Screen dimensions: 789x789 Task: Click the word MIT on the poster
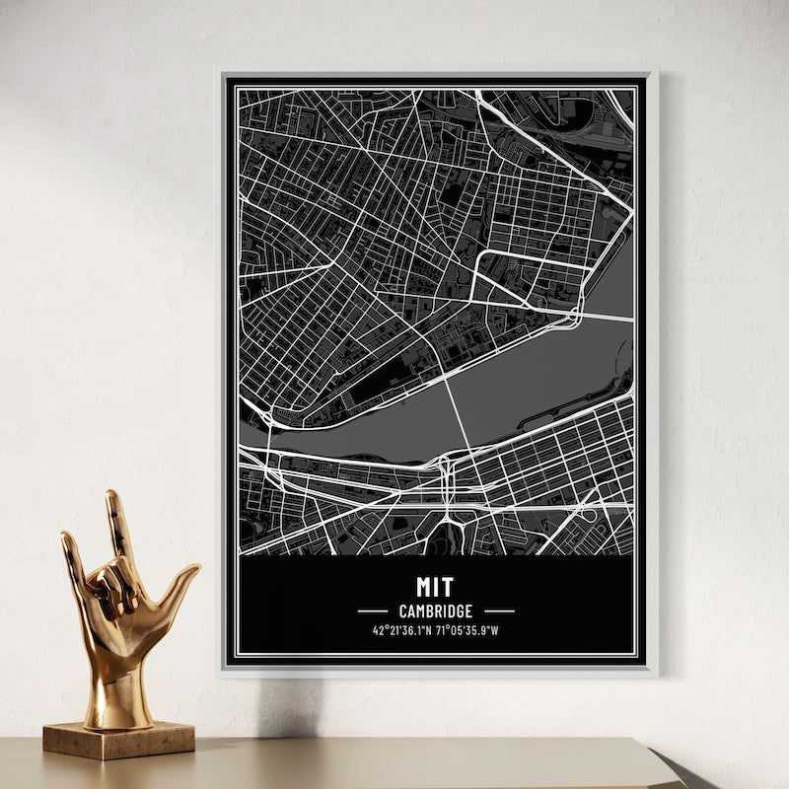[x=435, y=587]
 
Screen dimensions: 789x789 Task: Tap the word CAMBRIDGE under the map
[x=435, y=611]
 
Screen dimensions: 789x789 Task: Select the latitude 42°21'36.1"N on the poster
[x=403, y=631]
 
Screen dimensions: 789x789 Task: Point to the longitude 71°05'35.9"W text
[x=467, y=631]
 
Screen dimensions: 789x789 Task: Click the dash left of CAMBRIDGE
[x=373, y=611]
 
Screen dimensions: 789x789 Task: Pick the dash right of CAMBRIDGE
[x=499, y=611]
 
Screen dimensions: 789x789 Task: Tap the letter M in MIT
[x=423, y=587]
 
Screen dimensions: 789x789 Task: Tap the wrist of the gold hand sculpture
[x=118, y=681]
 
